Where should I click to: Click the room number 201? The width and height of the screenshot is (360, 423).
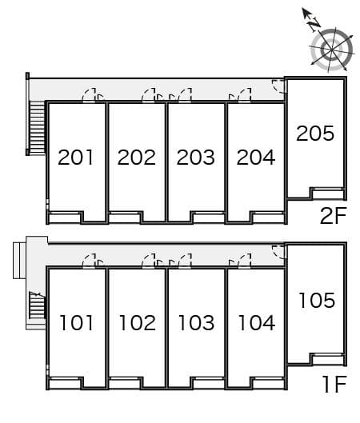[x=77, y=158]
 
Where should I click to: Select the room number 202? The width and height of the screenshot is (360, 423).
[x=136, y=158]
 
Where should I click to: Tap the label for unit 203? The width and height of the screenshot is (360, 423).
[x=196, y=158]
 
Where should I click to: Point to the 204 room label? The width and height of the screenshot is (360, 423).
[x=255, y=158]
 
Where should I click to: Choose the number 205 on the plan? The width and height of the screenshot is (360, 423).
[x=315, y=134]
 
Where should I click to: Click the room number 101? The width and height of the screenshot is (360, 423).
[x=77, y=323]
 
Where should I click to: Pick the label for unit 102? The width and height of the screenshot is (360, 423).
[x=136, y=323]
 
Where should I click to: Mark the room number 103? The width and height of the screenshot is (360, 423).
[x=196, y=323]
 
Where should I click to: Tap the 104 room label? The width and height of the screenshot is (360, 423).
[x=255, y=323]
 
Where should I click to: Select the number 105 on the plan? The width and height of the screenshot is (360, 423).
[x=316, y=301]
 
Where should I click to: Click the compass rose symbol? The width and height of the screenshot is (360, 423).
[x=330, y=49]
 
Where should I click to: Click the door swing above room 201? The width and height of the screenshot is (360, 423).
[x=94, y=96]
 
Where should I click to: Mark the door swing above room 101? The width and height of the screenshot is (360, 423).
[x=94, y=261]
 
